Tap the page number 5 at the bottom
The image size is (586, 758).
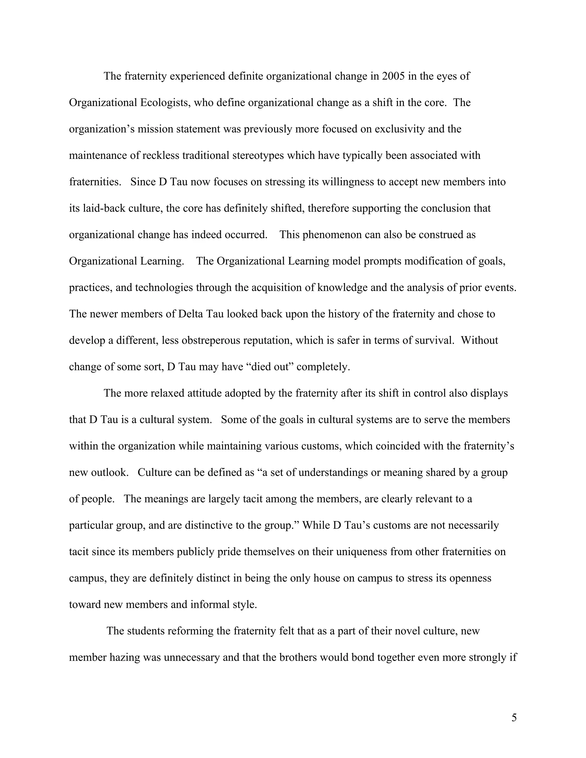pyautogui.click(x=514, y=717)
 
